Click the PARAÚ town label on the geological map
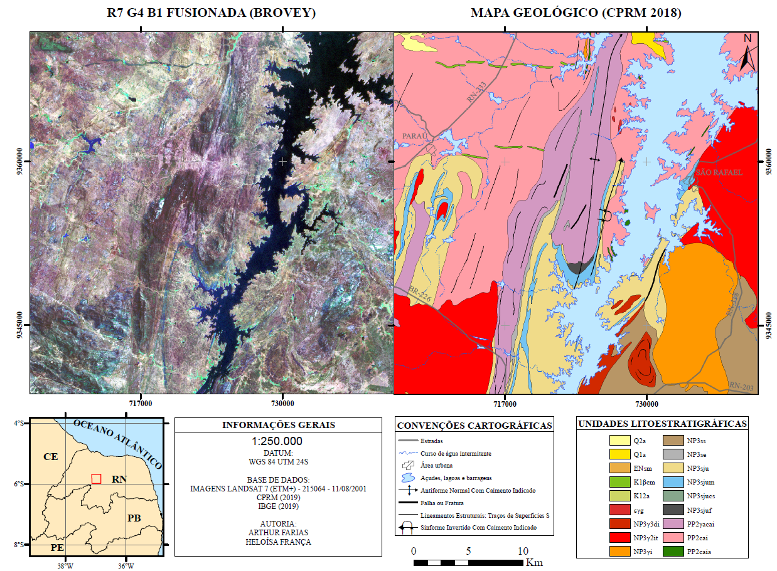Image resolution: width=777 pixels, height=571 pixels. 414,135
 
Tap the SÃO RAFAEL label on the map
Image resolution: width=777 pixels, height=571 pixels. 719,172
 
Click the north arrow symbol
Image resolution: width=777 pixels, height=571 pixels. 747,53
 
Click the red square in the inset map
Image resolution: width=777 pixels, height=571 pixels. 96,478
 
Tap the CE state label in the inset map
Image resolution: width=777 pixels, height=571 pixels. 50,456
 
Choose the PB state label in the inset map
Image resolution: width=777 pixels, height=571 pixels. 134,518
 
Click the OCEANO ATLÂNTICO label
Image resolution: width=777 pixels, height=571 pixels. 118,444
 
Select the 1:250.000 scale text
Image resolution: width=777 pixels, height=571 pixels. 277,441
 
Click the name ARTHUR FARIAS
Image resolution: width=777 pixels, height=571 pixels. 277,533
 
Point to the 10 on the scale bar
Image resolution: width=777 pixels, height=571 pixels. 522,551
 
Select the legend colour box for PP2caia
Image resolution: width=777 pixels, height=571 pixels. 672,552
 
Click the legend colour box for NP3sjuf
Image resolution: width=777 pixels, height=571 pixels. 672,510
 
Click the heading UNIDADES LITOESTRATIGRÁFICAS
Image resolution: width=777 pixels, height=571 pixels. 662,424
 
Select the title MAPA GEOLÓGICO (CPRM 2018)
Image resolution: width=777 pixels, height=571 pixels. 576,13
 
